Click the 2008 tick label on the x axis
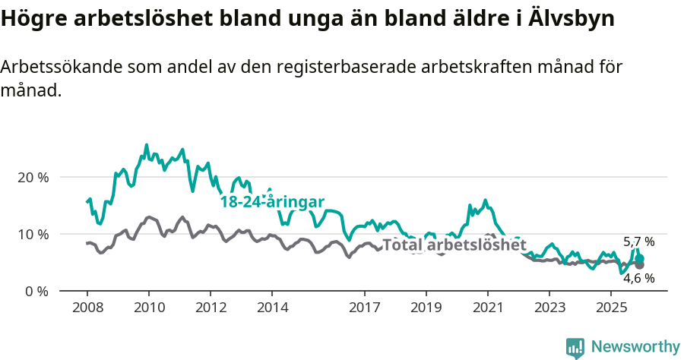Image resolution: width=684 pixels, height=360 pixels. point(87,308)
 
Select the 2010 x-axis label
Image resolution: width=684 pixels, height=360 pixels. point(149,308)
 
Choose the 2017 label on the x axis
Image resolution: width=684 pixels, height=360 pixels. point(365,308)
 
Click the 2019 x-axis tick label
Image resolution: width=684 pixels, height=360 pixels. point(426,308)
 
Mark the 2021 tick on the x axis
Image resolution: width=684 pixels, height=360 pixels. point(488,308)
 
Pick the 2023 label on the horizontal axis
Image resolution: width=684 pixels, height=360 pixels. point(549,308)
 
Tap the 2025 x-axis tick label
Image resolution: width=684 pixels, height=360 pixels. point(611,308)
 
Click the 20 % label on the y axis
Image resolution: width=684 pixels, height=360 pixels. point(33,177)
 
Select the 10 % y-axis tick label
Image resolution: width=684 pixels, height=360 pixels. point(33,234)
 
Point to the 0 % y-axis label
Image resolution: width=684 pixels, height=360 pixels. point(36,291)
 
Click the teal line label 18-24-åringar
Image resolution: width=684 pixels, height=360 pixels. point(272,201)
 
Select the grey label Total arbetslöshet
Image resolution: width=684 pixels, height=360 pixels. point(454,245)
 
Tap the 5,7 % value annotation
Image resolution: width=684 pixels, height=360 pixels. point(638,242)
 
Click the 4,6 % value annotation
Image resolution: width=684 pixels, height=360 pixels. point(638,278)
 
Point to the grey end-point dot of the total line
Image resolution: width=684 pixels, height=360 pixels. point(639,264)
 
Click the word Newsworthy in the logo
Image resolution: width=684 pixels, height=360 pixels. point(635,346)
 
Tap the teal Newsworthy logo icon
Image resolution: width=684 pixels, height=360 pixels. point(575,347)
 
